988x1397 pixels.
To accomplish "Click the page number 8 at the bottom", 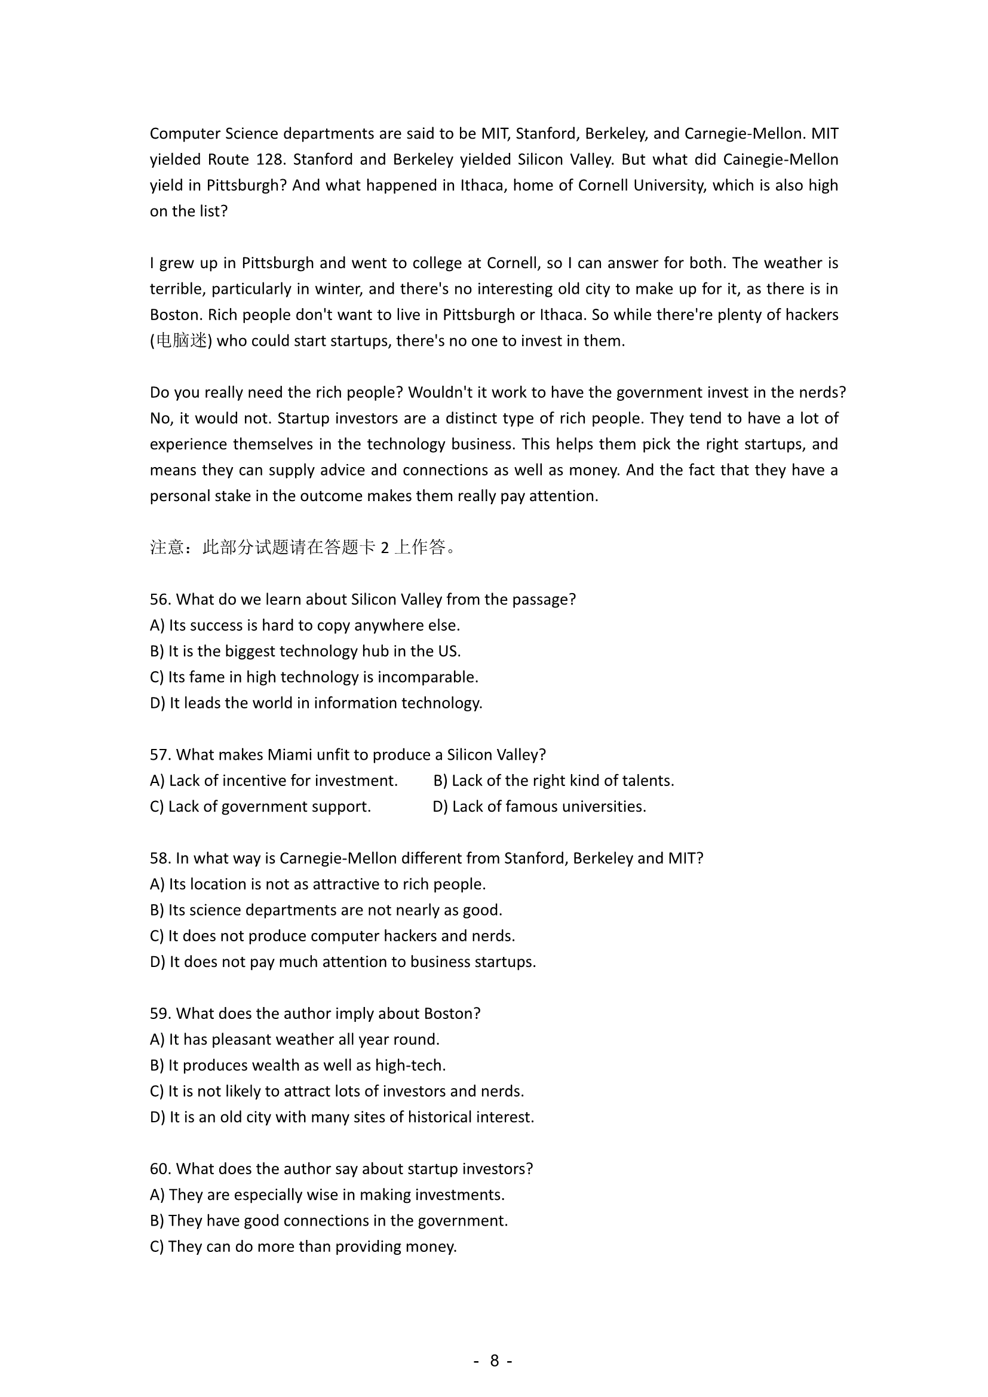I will (x=494, y=1360).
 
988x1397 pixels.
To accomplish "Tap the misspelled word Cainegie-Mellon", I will (x=781, y=159).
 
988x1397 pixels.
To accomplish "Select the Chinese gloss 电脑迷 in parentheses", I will (x=182, y=340).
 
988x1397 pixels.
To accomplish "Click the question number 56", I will (x=160, y=599).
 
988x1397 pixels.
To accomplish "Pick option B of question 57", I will (x=554, y=781).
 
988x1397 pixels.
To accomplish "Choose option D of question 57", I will (x=539, y=806).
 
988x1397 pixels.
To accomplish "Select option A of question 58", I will (x=318, y=884).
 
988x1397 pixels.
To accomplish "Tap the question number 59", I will (x=160, y=1014).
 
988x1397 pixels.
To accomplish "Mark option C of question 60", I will (x=303, y=1246).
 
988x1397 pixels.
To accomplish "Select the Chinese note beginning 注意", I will (x=303, y=548).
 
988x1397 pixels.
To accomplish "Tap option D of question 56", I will (x=316, y=703).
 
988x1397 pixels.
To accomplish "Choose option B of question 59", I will (x=297, y=1066).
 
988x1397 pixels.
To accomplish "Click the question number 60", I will (x=160, y=1169).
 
